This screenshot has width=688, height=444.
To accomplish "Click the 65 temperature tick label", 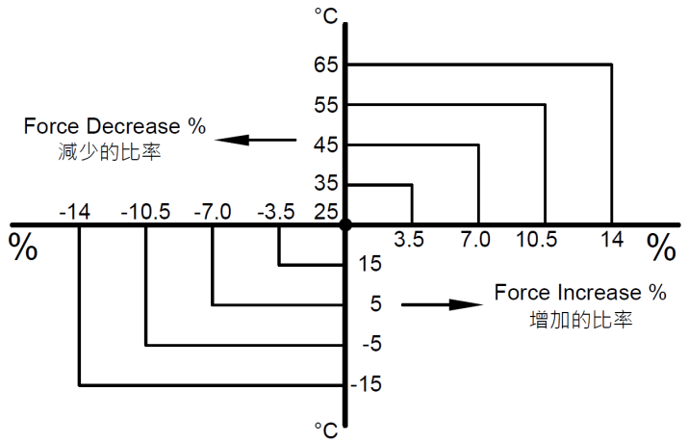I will pos(327,65).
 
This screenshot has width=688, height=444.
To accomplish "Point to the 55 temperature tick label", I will pos(327,106).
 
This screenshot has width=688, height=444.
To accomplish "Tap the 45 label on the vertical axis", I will pos(327,146).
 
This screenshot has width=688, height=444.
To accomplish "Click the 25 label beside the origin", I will pos(327,211).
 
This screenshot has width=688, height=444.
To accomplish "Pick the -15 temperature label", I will pos(368,385).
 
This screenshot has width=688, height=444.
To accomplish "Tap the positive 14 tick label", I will pos(611,241).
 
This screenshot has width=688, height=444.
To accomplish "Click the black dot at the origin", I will pos(345,224).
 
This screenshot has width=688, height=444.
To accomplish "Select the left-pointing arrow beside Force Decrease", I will pos(255,141).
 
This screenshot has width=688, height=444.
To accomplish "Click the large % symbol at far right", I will pos(661,248).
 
